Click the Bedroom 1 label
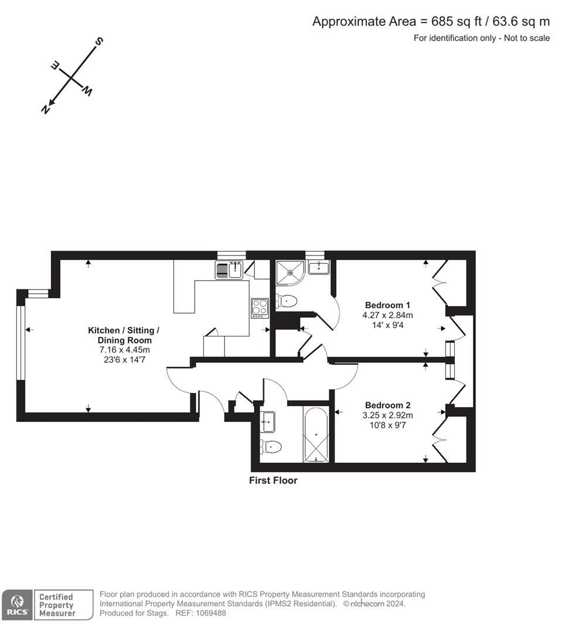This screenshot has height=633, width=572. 387,305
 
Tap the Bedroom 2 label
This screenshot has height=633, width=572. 387,406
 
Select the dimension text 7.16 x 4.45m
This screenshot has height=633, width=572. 124,350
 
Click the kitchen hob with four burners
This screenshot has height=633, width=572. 260,308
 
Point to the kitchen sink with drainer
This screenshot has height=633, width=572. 229,270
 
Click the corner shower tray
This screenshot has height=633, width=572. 290,273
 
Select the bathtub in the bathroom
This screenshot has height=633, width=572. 316,435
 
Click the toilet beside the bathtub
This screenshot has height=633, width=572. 270,447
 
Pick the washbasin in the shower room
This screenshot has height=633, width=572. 319,267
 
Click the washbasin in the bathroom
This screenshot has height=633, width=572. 267,422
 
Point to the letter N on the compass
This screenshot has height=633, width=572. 46,110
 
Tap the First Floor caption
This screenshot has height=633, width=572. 273,481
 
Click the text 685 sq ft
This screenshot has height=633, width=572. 457,22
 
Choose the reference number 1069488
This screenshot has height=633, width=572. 211,613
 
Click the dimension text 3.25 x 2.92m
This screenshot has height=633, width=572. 387,416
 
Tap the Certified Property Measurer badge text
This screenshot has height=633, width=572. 57,605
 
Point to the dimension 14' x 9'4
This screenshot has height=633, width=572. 387,325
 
